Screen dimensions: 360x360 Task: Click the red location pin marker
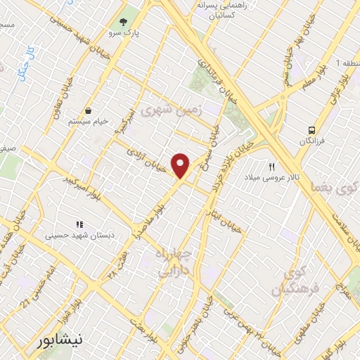[x=181, y=165]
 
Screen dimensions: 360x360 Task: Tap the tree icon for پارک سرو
[x=124, y=22]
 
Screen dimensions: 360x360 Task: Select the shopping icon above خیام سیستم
[x=89, y=110]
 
